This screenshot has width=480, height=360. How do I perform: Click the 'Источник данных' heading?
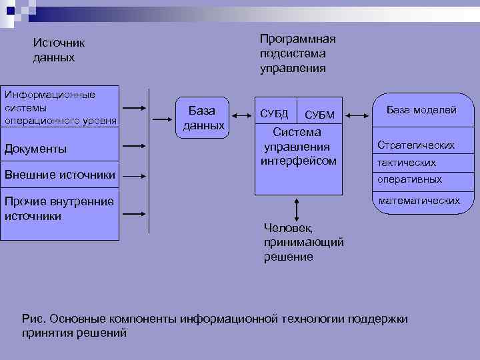tap(59, 50)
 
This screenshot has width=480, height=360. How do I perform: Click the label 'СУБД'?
tap(274, 114)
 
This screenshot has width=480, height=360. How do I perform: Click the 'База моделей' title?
tap(421, 110)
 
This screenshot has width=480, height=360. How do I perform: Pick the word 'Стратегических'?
tap(416, 145)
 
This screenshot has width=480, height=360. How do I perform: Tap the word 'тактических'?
tap(407, 163)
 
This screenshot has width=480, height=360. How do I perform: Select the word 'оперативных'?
tap(409, 180)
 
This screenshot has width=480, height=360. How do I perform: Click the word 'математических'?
tap(419, 200)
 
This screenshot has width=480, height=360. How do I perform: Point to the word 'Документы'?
tap(35, 149)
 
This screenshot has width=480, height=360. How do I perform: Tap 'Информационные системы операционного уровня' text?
tap(60, 108)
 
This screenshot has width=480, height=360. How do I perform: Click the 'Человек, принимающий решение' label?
tap(303, 242)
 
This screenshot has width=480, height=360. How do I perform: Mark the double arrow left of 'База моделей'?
tap(359, 116)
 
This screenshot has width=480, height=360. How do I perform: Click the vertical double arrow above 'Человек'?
tap(293, 207)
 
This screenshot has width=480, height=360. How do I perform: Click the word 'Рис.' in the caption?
tap(33, 319)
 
